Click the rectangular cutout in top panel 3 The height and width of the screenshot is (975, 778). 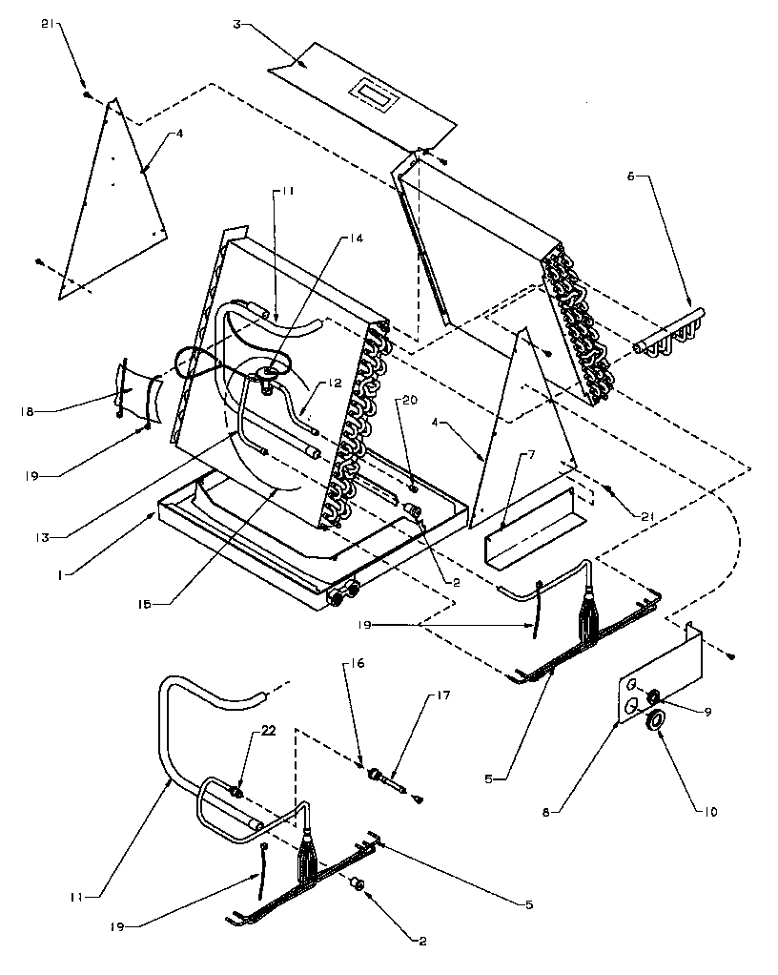[372, 94]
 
